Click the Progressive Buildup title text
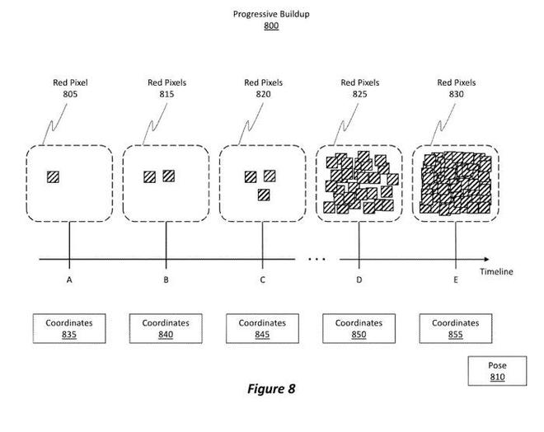(271, 14)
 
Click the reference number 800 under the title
(271, 26)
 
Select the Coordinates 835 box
(69, 328)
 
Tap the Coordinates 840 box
(166, 328)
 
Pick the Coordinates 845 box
(262, 328)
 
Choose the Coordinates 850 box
(359, 328)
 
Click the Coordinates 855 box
(455, 328)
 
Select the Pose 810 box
(496, 371)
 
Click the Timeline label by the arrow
(498, 271)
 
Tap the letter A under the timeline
(69, 280)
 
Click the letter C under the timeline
(262, 280)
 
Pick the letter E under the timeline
(455, 280)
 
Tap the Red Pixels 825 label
(359, 88)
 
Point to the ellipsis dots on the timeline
(317, 259)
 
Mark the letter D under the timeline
(359, 280)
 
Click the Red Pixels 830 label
(456, 88)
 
